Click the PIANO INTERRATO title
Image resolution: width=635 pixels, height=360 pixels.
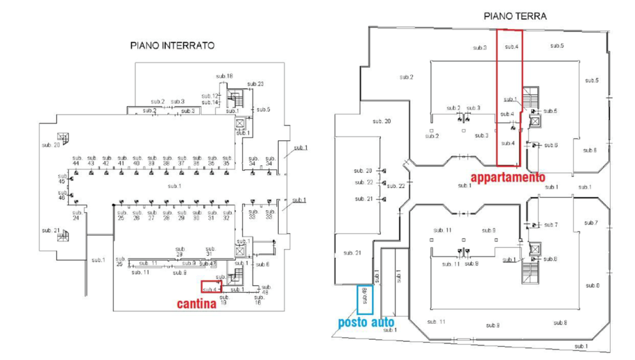[x=172, y=46]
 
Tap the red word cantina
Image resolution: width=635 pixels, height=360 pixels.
[x=196, y=304]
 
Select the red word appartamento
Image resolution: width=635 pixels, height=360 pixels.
[x=507, y=178]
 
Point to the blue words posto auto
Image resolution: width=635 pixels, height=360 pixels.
[x=365, y=323]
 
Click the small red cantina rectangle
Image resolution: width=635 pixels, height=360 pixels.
[x=210, y=287]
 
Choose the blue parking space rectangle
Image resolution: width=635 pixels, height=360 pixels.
[x=364, y=299]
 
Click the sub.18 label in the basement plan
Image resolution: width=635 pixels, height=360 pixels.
[x=224, y=76]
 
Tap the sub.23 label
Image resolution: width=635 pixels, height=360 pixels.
[x=255, y=84]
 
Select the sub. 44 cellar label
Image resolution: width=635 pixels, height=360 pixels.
[x=76, y=161]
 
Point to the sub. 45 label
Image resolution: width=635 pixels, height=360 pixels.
[x=62, y=179]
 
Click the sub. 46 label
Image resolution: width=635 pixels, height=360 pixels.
[x=62, y=195]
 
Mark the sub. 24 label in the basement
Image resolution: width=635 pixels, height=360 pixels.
[x=76, y=215]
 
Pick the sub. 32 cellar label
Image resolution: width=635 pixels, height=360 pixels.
[x=226, y=215]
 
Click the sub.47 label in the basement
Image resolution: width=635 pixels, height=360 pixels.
[x=213, y=263]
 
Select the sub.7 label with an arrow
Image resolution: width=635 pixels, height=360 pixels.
[x=551, y=225]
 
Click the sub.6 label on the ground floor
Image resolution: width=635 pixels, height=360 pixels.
[x=551, y=145]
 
